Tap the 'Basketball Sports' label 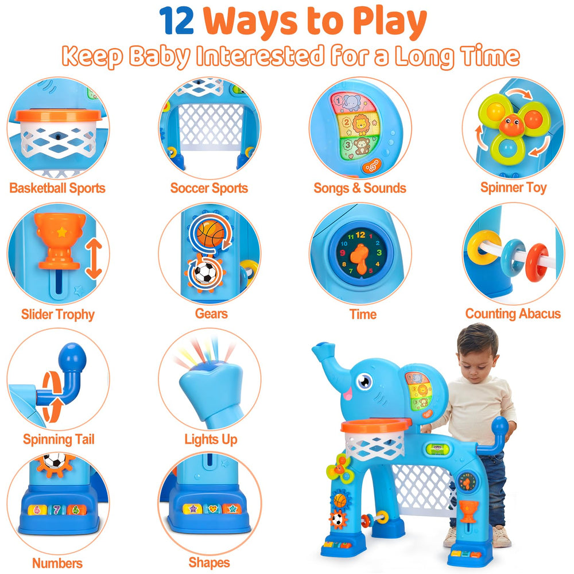point(57,188)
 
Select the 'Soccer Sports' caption point(209,188)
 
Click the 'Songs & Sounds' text point(360,188)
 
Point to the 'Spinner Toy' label point(513,188)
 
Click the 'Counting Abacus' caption point(513,314)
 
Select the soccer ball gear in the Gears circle point(204,273)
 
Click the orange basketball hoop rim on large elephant point(376,425)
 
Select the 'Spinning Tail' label point(59,440)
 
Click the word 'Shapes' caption point(209,563)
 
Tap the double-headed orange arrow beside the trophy point(94,259)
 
